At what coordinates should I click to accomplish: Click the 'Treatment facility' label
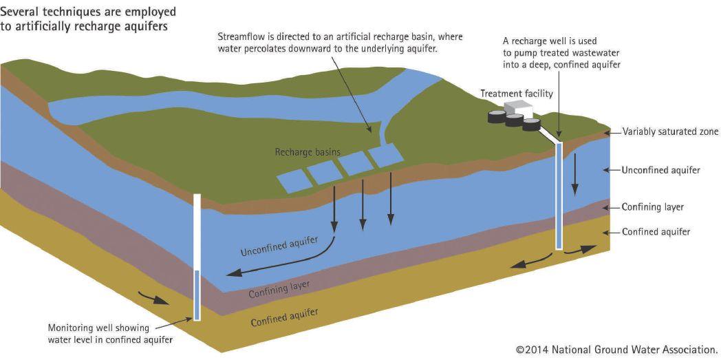point(517,94)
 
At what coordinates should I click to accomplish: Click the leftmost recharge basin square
point(294,181)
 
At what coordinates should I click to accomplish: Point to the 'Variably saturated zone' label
point(670,131)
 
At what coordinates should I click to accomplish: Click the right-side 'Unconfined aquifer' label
point(660,170)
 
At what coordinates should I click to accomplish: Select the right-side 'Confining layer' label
point(652,207)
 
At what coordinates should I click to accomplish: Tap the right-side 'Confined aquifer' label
point(656,232)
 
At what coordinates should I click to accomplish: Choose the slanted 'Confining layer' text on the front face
point(279,289)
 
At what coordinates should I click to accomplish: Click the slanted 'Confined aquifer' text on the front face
point(284,317)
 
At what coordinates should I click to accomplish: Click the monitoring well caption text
point(110,333)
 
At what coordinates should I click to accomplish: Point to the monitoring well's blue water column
point(197,295)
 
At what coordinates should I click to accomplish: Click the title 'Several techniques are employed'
point(88,12)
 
